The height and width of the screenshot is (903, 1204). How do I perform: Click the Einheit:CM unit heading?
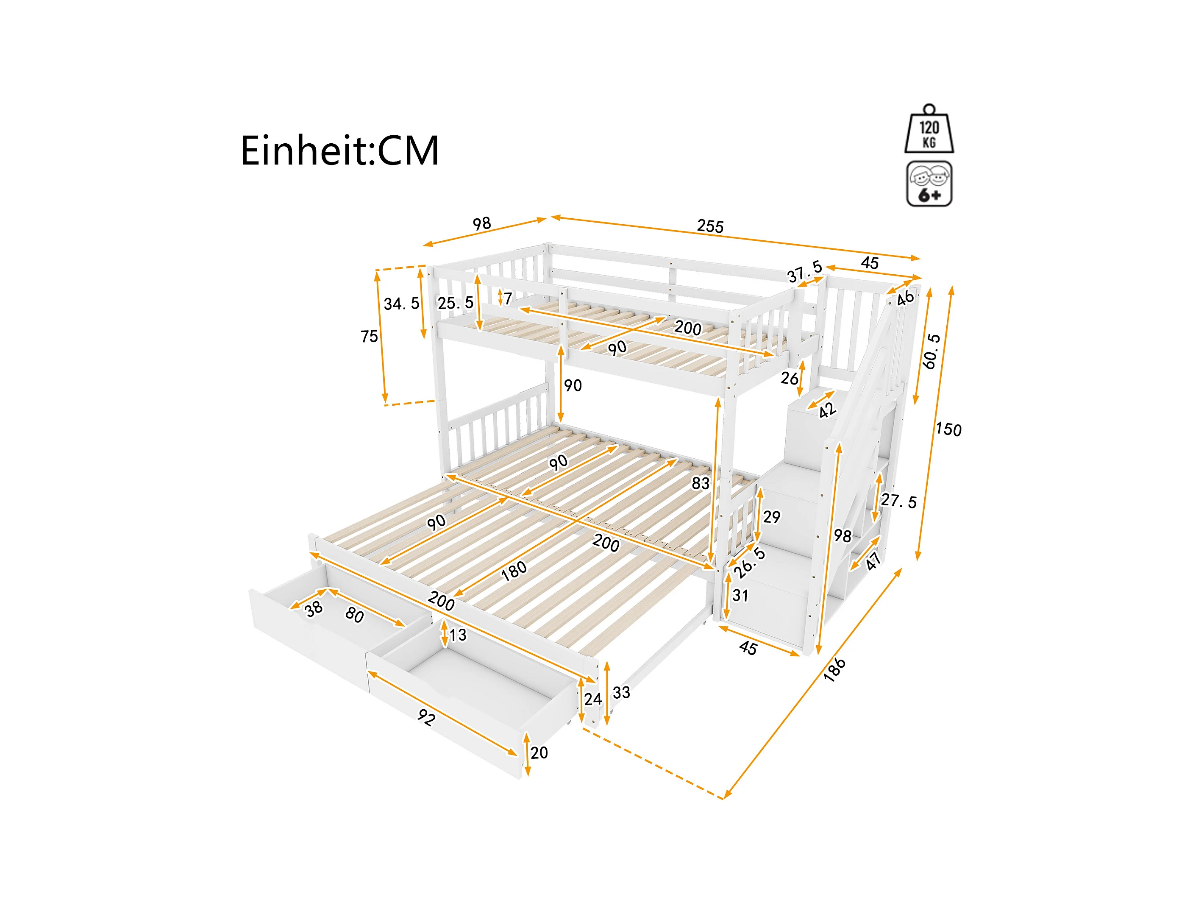(x=339, y=151)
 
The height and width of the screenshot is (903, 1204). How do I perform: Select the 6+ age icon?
(x=929, y=184)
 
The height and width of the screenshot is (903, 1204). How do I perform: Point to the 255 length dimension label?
(x=710, y=226)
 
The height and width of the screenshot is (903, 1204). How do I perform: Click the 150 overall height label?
(x=948, y=429)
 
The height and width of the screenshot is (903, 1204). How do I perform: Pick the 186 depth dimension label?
(x=834, y=669)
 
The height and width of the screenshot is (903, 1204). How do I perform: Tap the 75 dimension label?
(x=369, y=337)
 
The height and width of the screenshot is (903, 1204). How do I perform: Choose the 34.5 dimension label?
(x=401, y=304)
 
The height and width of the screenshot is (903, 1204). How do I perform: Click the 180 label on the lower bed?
(x=513, y=570)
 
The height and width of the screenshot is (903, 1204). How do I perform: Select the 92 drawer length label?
(x=426, y=717)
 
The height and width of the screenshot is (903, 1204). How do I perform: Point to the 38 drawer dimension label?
(x=314, y=609)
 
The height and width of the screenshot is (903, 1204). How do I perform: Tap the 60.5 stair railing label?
(x=932, y=351)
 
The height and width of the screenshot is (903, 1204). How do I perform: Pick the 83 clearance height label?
(x=701, y=483)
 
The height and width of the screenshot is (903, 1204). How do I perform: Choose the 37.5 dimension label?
(x=804, y=271)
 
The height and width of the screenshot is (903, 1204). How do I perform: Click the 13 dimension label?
(x=458, y=635)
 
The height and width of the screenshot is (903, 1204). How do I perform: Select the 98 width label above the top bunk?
(x=482, y=223)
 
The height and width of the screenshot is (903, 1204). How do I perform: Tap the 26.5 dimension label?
(x=750, y=563)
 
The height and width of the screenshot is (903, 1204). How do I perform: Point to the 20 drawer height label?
(x=539, y=752)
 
